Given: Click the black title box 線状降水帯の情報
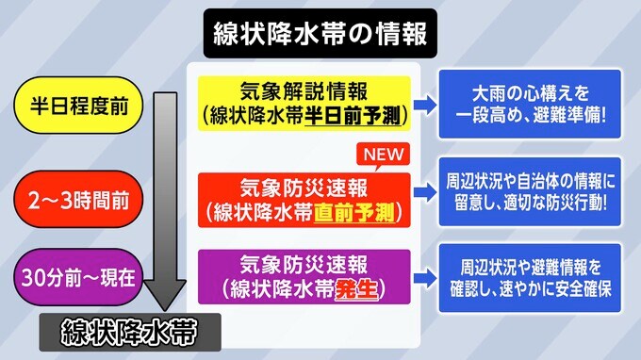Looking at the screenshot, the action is (x=320, y=33).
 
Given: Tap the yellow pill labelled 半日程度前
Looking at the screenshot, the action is (x=79, y=105).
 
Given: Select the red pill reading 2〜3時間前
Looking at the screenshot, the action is (x=79, y=200).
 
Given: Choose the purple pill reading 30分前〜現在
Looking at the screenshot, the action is (x=79, y=277).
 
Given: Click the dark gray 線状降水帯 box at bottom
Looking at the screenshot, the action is (x=130, y=333).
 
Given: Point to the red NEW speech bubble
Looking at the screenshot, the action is (x=383, y=155).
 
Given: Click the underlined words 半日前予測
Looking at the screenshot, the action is (x=353, y=116).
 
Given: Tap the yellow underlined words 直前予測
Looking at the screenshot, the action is (x=354, y=212).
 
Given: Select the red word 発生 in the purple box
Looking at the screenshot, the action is (x=356, y=289).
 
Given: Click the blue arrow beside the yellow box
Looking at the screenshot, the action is (x=425, y=105).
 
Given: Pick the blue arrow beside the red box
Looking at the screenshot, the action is (x=425, y=192).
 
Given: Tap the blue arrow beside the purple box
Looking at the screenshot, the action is (x=425, y=279).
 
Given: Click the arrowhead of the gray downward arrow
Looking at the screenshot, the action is (x=165, y=295).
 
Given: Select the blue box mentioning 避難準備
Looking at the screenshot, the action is (x=530, y=105).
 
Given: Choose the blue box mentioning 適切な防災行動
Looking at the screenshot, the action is (x=530, y=191).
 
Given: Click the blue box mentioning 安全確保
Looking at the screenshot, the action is (x=530, y=278).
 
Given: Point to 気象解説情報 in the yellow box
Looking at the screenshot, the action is (x=304, y=91).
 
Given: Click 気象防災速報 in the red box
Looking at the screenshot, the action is (x=304, y=188).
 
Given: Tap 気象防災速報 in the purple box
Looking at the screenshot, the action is (x=304, y=265).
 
